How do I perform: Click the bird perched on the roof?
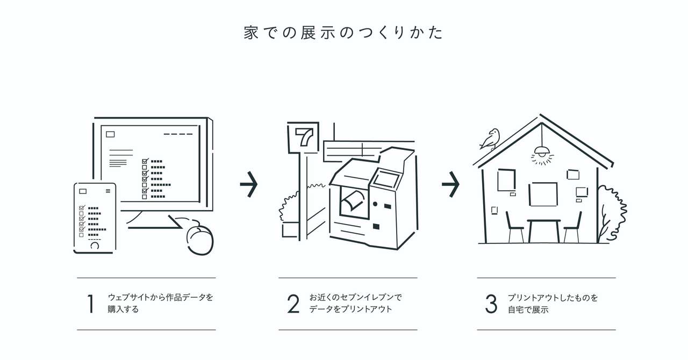click(490, 139)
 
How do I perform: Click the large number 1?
click(90, 304)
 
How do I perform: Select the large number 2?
click(293, 304)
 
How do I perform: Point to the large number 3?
click(491, 304)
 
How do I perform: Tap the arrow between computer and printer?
click(248, 184)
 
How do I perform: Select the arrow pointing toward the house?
click(450, 184)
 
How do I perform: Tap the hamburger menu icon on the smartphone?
click(108, 191)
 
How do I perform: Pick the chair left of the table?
click(515, 228)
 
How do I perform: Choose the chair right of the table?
click(572, 228)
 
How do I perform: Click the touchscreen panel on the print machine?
click(385, 179)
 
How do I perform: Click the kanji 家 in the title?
click(251, 33)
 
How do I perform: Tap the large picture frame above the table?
click(543, 194)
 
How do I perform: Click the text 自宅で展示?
click(528, 309)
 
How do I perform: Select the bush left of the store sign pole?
click(289, 206)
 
